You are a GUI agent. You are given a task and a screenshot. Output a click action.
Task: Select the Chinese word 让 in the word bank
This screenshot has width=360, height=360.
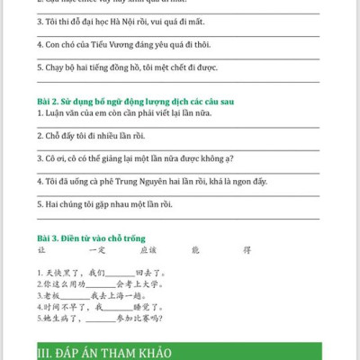40,249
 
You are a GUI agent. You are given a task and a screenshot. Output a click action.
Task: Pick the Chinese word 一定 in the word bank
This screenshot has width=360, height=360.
96,249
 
